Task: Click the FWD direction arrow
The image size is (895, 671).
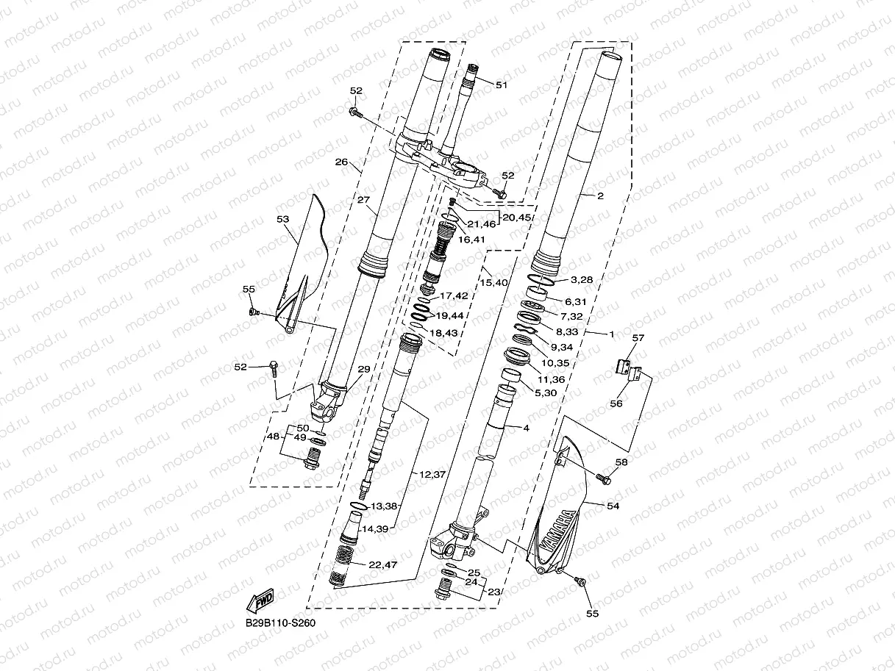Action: click(261, 602)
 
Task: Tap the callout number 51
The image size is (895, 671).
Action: click(502, 85)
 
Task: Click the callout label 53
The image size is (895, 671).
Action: click(283, 219)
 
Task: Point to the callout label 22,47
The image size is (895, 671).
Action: click(383, 564)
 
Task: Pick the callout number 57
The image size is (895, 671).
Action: click(637, 338)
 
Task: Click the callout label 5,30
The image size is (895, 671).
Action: click(546, 393)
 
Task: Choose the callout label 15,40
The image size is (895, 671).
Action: click(494, 282)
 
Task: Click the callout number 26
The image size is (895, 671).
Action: click(340, 162)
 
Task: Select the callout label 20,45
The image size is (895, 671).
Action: click(516, 217)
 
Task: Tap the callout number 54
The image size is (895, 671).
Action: click(613, 506)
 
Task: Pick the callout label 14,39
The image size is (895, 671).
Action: click(374, 528)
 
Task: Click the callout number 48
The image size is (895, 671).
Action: click(273, 437)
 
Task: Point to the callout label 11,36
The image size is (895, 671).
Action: click(551, 379)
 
